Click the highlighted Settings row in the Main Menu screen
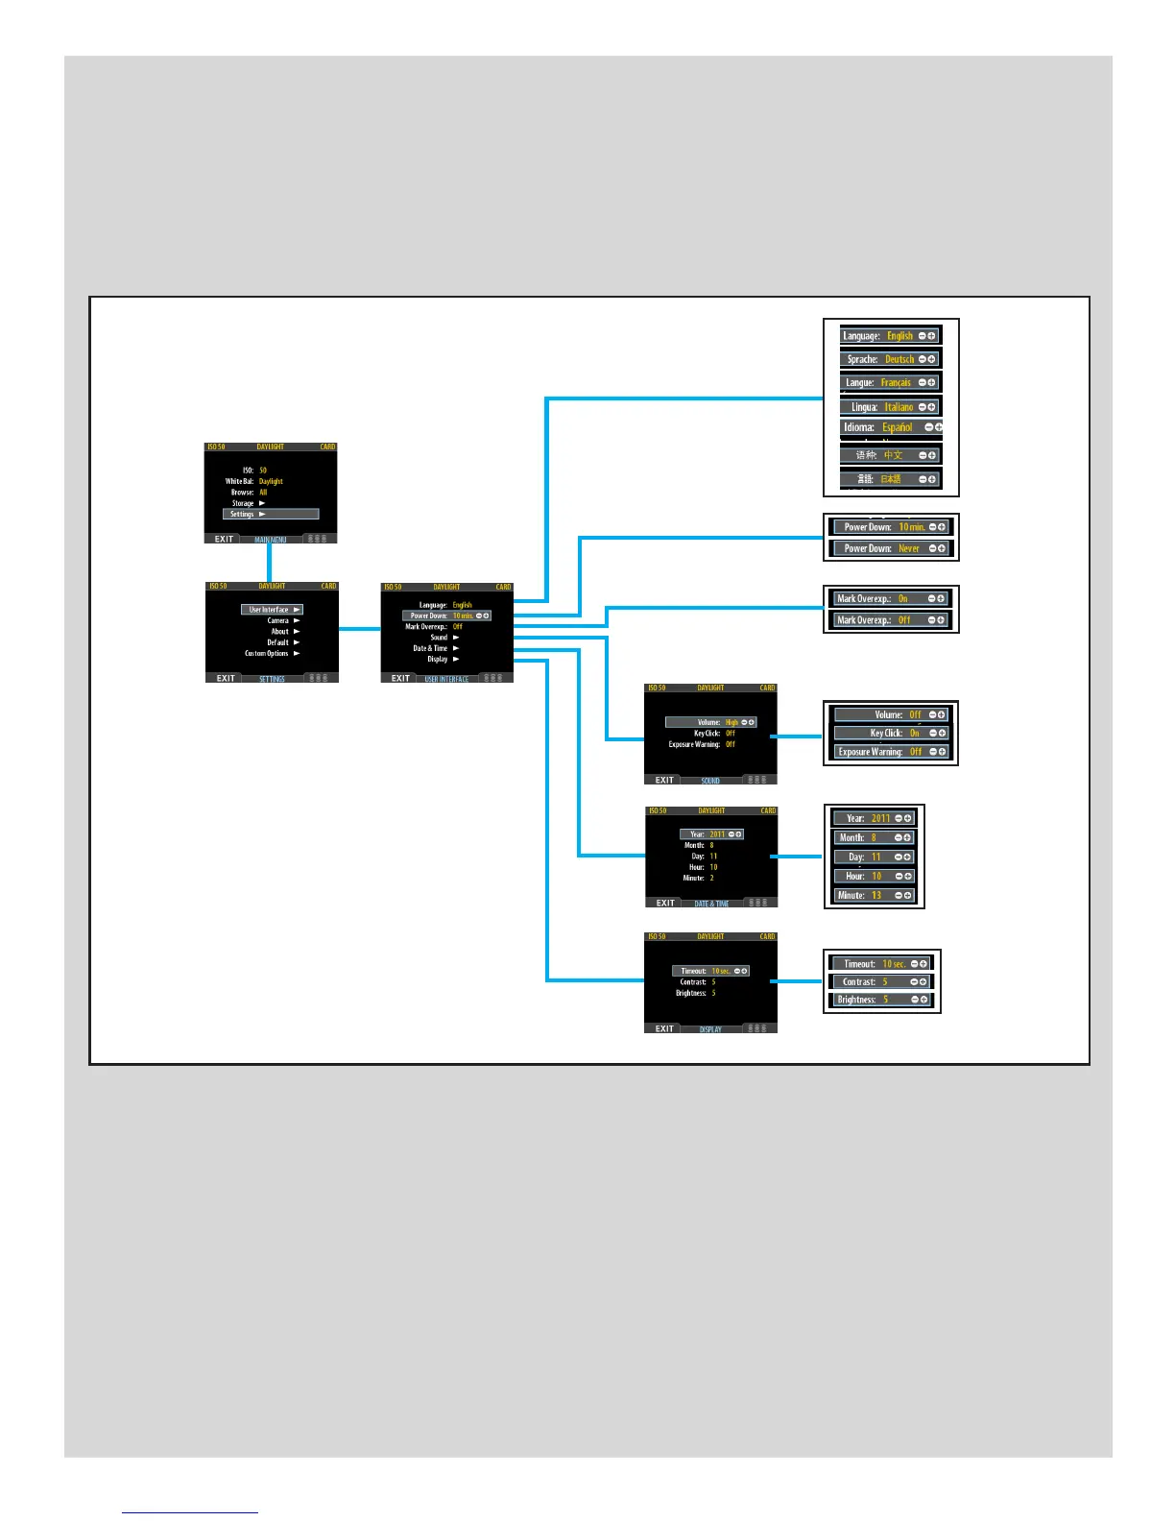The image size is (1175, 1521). click(270, 514)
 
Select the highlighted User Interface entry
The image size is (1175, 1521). click(273, 610)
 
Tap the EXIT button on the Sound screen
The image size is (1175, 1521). click(664, 780)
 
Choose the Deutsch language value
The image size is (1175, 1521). click(899, 359)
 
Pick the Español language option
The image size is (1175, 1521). click(898, 427)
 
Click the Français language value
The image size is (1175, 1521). click(896, 382)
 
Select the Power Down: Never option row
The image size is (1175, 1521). click(890, 548)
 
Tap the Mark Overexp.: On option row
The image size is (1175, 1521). click(890, 598)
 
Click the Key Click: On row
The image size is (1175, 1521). click(890, 733)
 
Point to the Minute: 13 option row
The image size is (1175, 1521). click(874, 895)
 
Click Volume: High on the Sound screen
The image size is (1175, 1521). click(710, 722)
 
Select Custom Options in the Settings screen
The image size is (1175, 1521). click(272, 653)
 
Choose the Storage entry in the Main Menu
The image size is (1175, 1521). click(248, 503)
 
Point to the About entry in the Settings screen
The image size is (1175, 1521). click(284, 631)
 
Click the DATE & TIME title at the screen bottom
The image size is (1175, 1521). click(711, 904)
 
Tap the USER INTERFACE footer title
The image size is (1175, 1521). click(446, 679)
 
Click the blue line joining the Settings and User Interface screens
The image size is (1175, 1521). click(360, 629)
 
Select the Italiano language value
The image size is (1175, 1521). click(899, 407)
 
